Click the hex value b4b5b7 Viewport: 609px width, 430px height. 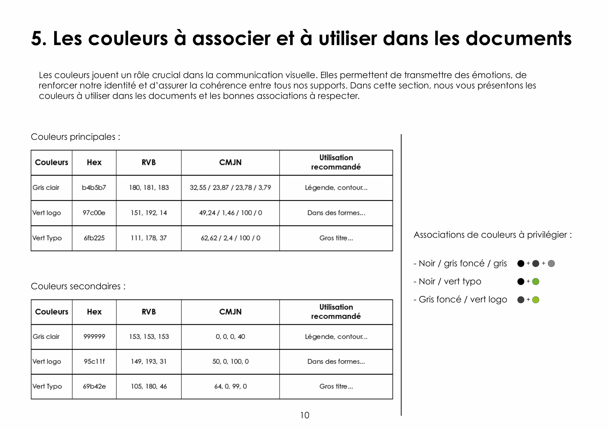(94, 188)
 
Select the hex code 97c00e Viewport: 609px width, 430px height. (94, 213)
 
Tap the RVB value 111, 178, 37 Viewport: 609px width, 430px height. (148, 238)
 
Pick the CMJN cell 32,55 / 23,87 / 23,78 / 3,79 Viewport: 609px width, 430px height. (230, 188)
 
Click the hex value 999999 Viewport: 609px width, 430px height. (94, 336)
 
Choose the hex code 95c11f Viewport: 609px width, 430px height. (94, 361)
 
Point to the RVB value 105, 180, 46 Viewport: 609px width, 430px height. (148, 386)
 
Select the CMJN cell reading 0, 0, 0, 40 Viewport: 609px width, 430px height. (230, 336)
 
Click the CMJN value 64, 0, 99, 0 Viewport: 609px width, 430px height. (230, 386)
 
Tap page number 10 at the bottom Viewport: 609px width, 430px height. (304, 415)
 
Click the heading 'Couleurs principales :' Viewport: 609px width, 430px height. (76, 137)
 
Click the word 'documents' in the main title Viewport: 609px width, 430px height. (519, 38)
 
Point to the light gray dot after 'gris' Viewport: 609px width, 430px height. (551, 264)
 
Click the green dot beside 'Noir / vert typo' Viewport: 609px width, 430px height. (535, 282)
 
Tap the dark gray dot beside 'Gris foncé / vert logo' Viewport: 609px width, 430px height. (521, 300)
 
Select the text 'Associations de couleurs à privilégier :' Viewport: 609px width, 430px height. (493, 235)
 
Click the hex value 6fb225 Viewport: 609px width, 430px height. (94, 238)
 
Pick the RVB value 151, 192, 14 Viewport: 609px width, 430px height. (148, 213)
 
